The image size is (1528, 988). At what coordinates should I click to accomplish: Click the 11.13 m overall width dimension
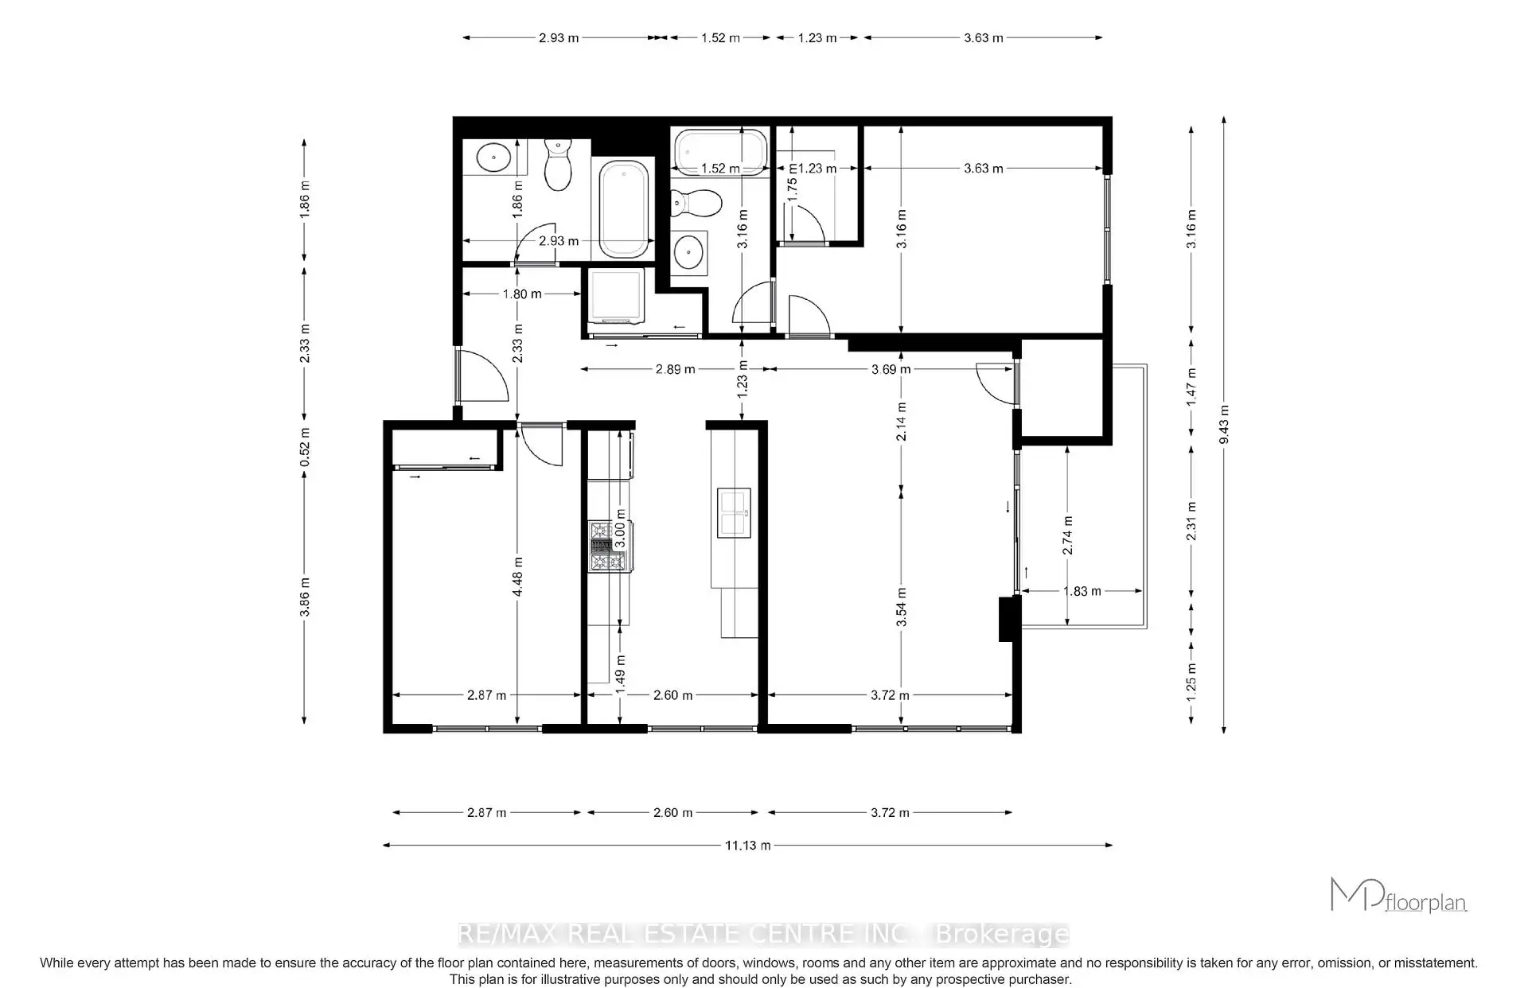coord(747,846)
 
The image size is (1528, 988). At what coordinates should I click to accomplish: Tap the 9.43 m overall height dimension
coord(1224,425)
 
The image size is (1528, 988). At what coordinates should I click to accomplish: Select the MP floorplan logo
coord(1398,895)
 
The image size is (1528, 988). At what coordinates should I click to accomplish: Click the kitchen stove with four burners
coord(610,547)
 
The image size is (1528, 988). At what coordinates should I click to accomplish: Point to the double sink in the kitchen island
coord(734,512)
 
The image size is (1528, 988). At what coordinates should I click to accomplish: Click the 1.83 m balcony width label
coord(1082,591)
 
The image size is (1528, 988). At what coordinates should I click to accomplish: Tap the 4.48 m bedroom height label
coord(517,577)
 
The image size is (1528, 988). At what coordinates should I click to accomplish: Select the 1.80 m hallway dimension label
coord(522,294)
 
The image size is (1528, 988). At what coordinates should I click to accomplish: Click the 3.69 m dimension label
coord(891,369)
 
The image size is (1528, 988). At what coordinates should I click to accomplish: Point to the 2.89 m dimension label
coord(675,369)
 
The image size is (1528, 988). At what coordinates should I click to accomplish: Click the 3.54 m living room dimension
coord(902,607)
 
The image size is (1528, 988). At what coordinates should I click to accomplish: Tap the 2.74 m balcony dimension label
coord(1067,535)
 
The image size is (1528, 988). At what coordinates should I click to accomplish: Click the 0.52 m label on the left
coord(304,448)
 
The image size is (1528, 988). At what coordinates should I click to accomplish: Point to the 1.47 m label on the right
coord(1191,387)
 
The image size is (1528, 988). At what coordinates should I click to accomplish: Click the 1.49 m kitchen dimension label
coord(621,670)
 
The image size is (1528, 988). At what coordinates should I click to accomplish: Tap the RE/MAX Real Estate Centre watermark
coord(764,934)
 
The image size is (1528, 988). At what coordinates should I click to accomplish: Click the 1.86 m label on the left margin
coord(304,199)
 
